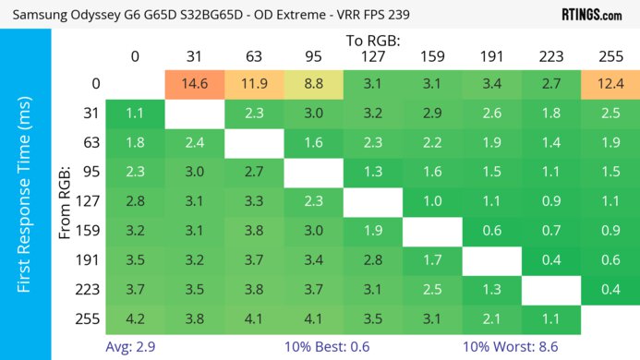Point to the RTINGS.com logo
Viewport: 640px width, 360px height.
pyautogui.click(x=592, y=15)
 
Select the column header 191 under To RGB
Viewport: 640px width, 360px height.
pyautogui.click(x=491, y=57)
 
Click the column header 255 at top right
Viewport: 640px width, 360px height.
pyautogui.click(x=610, y=57)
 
